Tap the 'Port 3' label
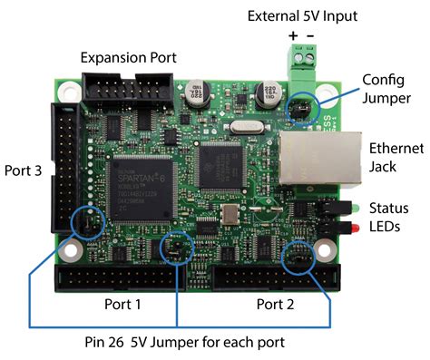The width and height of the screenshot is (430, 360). pos(24,169)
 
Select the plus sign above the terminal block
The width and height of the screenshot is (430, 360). pos(292,37)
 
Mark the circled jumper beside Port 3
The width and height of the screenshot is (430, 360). pos(88,220)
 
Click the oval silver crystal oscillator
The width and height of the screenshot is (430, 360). pos(246,131)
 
